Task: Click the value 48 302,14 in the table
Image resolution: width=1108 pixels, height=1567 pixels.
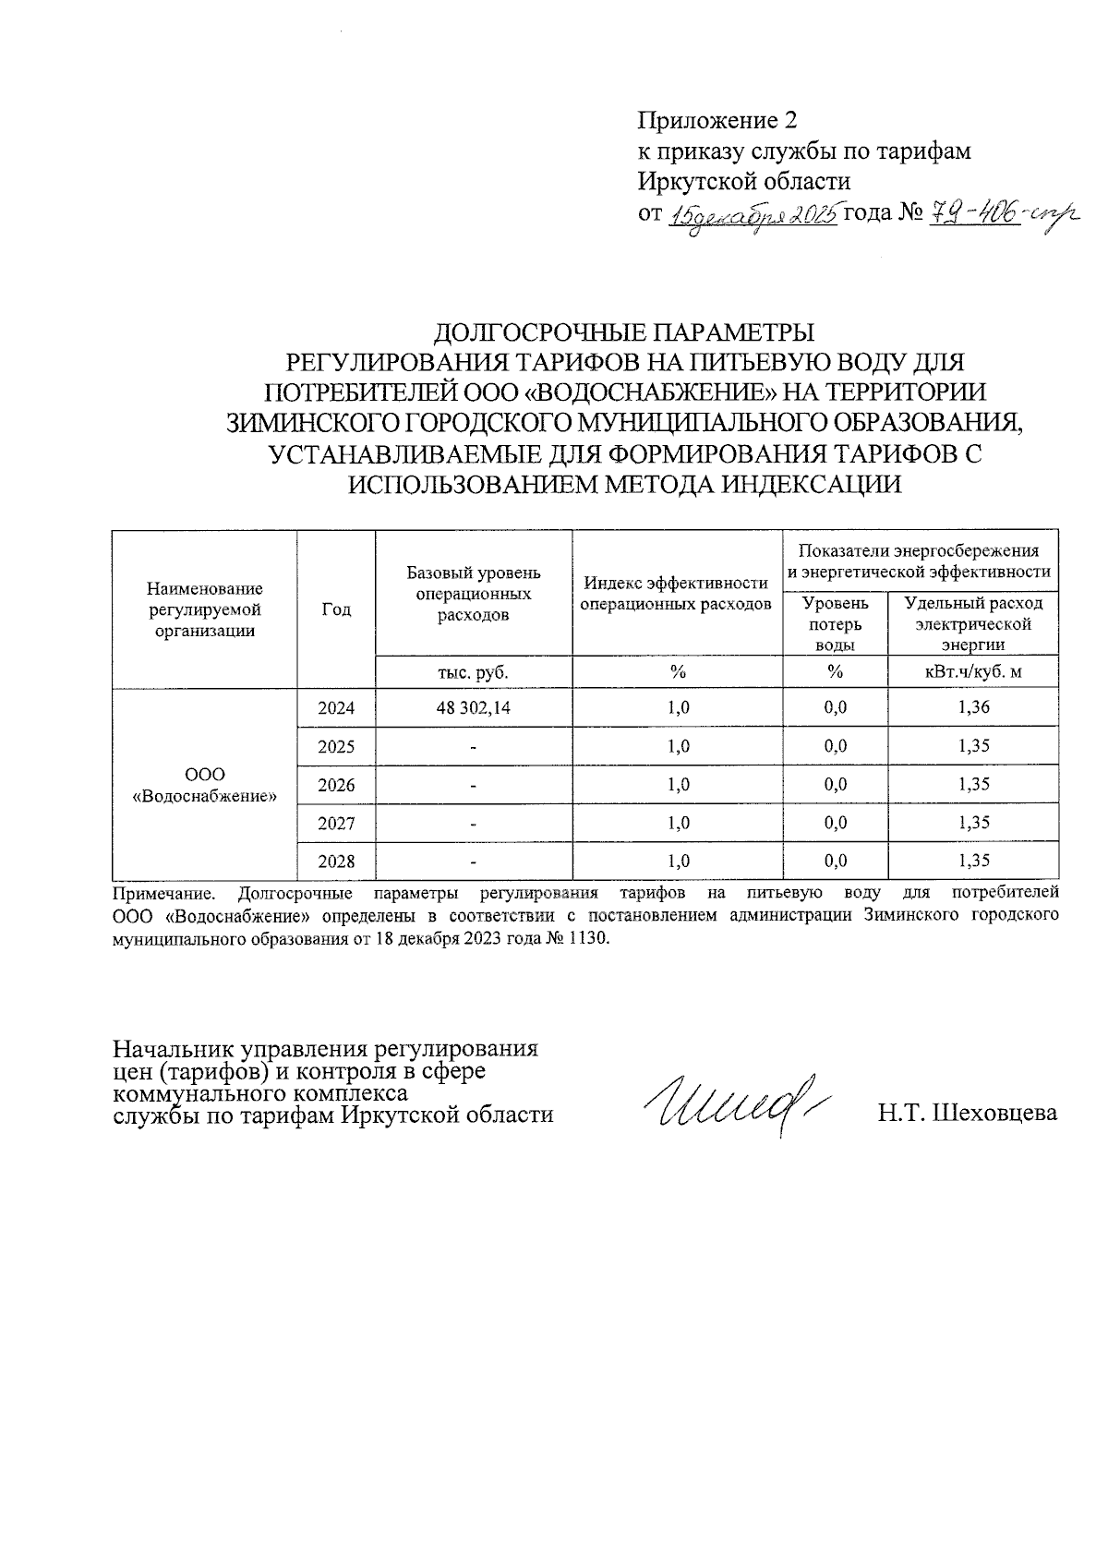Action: pyautogui.click(x=473, y=708)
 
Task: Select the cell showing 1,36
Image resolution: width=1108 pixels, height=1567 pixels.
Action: pyautogui.click(x=974, y=708)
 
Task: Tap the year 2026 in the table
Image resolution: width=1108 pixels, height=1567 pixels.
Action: pyautogui.click(x=336, y=785)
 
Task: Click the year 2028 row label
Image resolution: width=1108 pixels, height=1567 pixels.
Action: pyautogui.click(x=336, y=862)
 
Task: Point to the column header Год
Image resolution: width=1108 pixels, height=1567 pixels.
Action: pyautogui.click(x=336, y=609)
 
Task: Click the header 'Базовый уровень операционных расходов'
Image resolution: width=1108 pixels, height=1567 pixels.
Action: pyautogui.click(x=473, y=594)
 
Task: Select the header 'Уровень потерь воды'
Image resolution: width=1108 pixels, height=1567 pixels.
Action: pyautogui.click(x=835, y=624)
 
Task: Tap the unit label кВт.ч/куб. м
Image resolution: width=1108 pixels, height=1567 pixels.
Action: pyautogui.click(x=974, y=672)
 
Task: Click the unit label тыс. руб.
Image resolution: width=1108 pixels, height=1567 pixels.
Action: pyautogui.click(x=473, y=672)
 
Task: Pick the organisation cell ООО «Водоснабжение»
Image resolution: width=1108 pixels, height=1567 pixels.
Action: pyautogui.click(x=205, y=785)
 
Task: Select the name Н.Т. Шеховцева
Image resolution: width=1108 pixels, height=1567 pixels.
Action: pyautogui.click(x=967, y=1113)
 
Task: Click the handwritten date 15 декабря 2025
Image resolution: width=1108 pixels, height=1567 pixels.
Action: pyautogui.click(x=753, y=216)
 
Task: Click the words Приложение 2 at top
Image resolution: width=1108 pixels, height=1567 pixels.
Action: pyautogui.click(x=717, y=121)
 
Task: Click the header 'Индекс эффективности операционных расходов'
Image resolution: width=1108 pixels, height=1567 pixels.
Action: pyautogui.click(x=678, y=594)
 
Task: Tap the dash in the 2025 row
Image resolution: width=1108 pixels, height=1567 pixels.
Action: pyautogui.click(x=473, y=747)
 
